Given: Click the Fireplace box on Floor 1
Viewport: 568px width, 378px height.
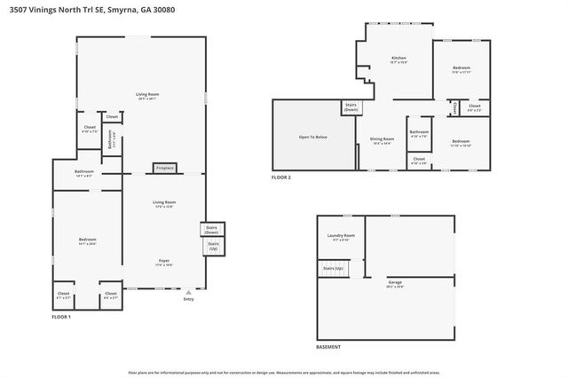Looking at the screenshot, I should click(x=165, y=168).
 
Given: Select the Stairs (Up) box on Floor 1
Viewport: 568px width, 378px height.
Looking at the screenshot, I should click(x=213, y=247).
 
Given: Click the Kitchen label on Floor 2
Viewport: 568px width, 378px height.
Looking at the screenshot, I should click(x=398, y=59).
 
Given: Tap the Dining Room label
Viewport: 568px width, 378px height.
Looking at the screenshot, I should click(x=382, y=139).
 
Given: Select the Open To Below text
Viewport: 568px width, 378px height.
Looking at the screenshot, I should click(x=313, y=138).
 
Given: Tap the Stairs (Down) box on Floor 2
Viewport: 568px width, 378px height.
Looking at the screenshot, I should click(x=350, y=107).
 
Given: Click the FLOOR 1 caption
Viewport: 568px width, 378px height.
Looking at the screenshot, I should click(x=61, y=317).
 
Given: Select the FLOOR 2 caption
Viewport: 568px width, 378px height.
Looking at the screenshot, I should click(x=281, y=177).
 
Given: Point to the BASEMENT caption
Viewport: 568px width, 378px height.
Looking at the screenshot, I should click(x=328, y=347).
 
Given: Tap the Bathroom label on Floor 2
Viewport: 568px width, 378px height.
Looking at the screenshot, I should click(x=419, y=135).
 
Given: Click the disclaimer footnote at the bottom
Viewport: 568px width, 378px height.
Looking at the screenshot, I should click(x=284, y=373).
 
